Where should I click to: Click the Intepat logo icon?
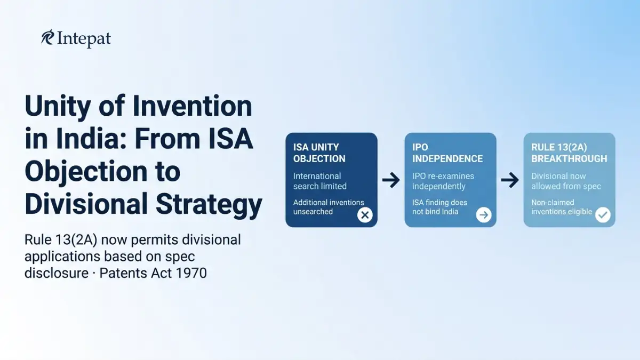pos(47,37)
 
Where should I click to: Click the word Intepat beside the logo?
pos(84,39)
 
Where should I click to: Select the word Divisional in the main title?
pos(86,203)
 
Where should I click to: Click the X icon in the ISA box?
pos(365,215)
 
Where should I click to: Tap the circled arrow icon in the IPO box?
pos(484,215)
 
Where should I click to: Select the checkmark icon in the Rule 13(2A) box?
pos(603,215)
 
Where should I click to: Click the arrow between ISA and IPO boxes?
pos(391,180)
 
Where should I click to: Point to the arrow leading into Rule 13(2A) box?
pos(510,180)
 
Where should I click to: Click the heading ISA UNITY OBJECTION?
pos(319,153)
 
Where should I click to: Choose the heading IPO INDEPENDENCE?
pos(447,153)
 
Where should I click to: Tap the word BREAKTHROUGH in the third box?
pos(569,158)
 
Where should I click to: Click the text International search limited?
pos(319,181)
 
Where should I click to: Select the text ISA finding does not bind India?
pos(439,207)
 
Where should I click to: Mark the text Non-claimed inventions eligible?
pos(562,207)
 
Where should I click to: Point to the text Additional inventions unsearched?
pos(329,207)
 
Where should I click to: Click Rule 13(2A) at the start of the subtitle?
pos(61,239)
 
